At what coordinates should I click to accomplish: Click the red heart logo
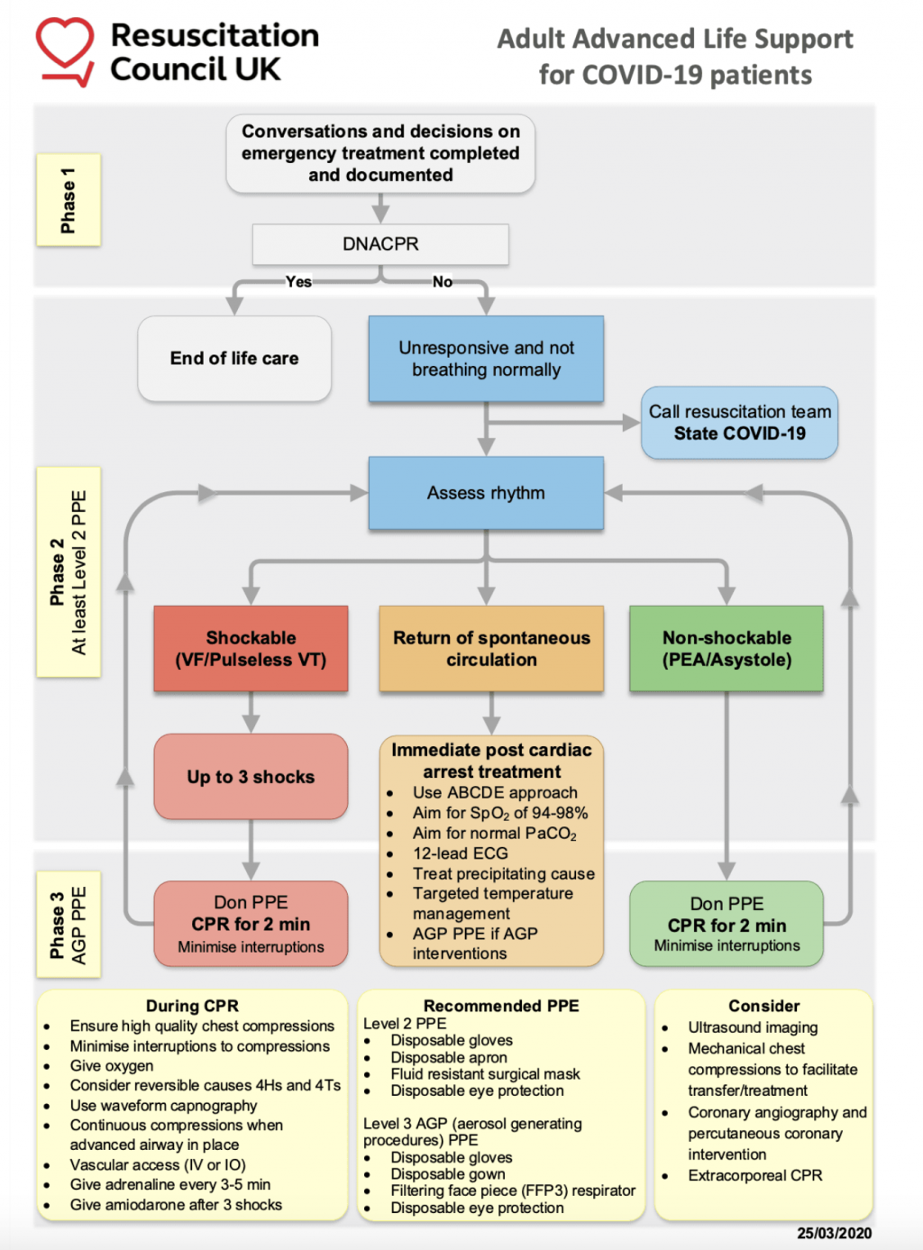65,50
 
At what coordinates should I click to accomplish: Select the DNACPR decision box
380,244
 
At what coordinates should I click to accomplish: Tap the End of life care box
234,359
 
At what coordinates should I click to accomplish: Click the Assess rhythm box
486,493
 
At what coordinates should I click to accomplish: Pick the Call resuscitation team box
739,423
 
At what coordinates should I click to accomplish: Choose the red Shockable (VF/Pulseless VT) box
251,649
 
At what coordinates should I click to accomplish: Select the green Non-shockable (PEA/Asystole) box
727,649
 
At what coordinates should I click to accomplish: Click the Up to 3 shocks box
251,777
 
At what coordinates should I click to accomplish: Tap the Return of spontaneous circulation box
491,649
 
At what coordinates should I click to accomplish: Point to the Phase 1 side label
69,200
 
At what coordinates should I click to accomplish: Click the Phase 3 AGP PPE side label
69,924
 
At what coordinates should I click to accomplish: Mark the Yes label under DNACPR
298,282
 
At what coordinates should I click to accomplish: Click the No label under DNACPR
443,282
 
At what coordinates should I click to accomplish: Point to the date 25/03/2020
834,1233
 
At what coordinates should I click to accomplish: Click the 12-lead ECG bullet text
460,853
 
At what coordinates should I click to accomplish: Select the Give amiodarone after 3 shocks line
176,1205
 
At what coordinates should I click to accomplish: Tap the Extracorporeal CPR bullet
754,1175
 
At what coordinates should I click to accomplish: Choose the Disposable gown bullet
448,1174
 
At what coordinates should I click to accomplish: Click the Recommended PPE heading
501,1006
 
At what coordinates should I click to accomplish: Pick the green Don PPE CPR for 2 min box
727,924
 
